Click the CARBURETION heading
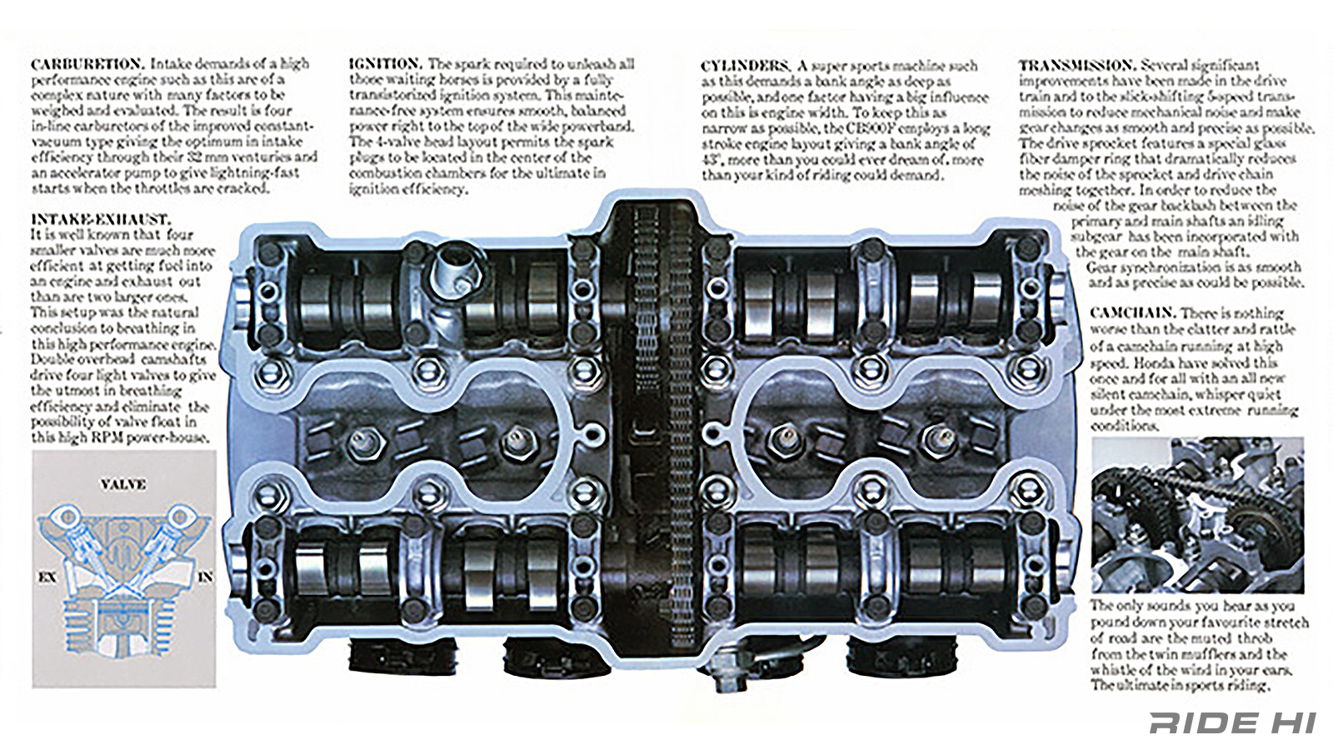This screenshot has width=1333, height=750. [x=87, y=64]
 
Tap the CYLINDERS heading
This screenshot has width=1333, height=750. [x=744, y=66]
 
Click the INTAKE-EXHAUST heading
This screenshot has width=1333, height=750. [x=100, y=220]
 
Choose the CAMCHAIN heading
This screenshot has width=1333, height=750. [x=1132, y=312]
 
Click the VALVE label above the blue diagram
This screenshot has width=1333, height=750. [x=123, y=484]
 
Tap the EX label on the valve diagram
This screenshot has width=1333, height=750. [x=47, y=577]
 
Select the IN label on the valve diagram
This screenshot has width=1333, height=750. [x=205, y=577]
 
